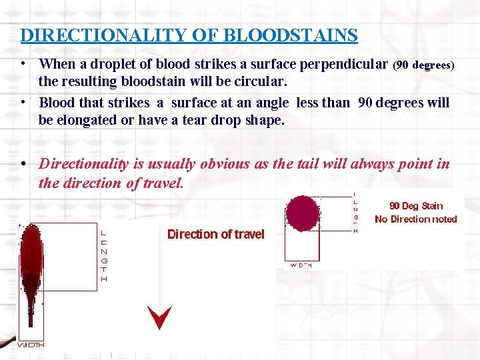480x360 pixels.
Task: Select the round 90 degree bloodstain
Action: click(x=303, y=213)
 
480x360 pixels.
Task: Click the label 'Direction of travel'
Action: click(x=215, y=234)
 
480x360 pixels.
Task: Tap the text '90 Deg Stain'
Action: click(x=416, y=206)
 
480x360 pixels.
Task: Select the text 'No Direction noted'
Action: click(x=416, y=219)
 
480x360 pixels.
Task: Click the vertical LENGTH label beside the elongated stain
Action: click(x=103, y=256)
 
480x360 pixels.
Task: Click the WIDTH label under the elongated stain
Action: click(x=31, y=345)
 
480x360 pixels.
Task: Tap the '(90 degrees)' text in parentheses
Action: click(x=423, y=65)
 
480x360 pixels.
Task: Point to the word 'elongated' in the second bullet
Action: click(x=87, y=121)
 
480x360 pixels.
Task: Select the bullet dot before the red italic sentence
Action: click(x=23, y=164)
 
